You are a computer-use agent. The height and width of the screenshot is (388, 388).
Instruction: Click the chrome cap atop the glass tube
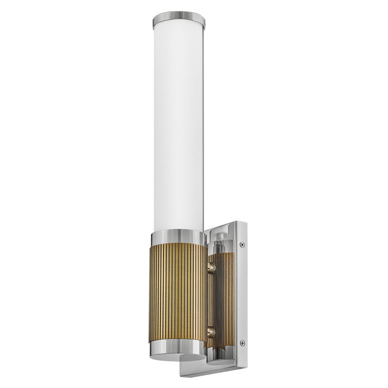178,20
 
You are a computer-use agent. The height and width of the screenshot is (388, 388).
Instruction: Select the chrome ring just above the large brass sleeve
178,238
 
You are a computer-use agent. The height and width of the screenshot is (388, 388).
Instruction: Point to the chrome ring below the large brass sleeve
178,345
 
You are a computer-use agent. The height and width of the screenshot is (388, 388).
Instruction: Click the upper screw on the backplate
242,245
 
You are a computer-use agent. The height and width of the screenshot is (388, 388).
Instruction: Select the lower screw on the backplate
242,343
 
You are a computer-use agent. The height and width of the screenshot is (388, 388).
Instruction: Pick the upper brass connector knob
211,266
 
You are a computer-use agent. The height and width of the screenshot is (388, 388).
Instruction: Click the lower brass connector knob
211,332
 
